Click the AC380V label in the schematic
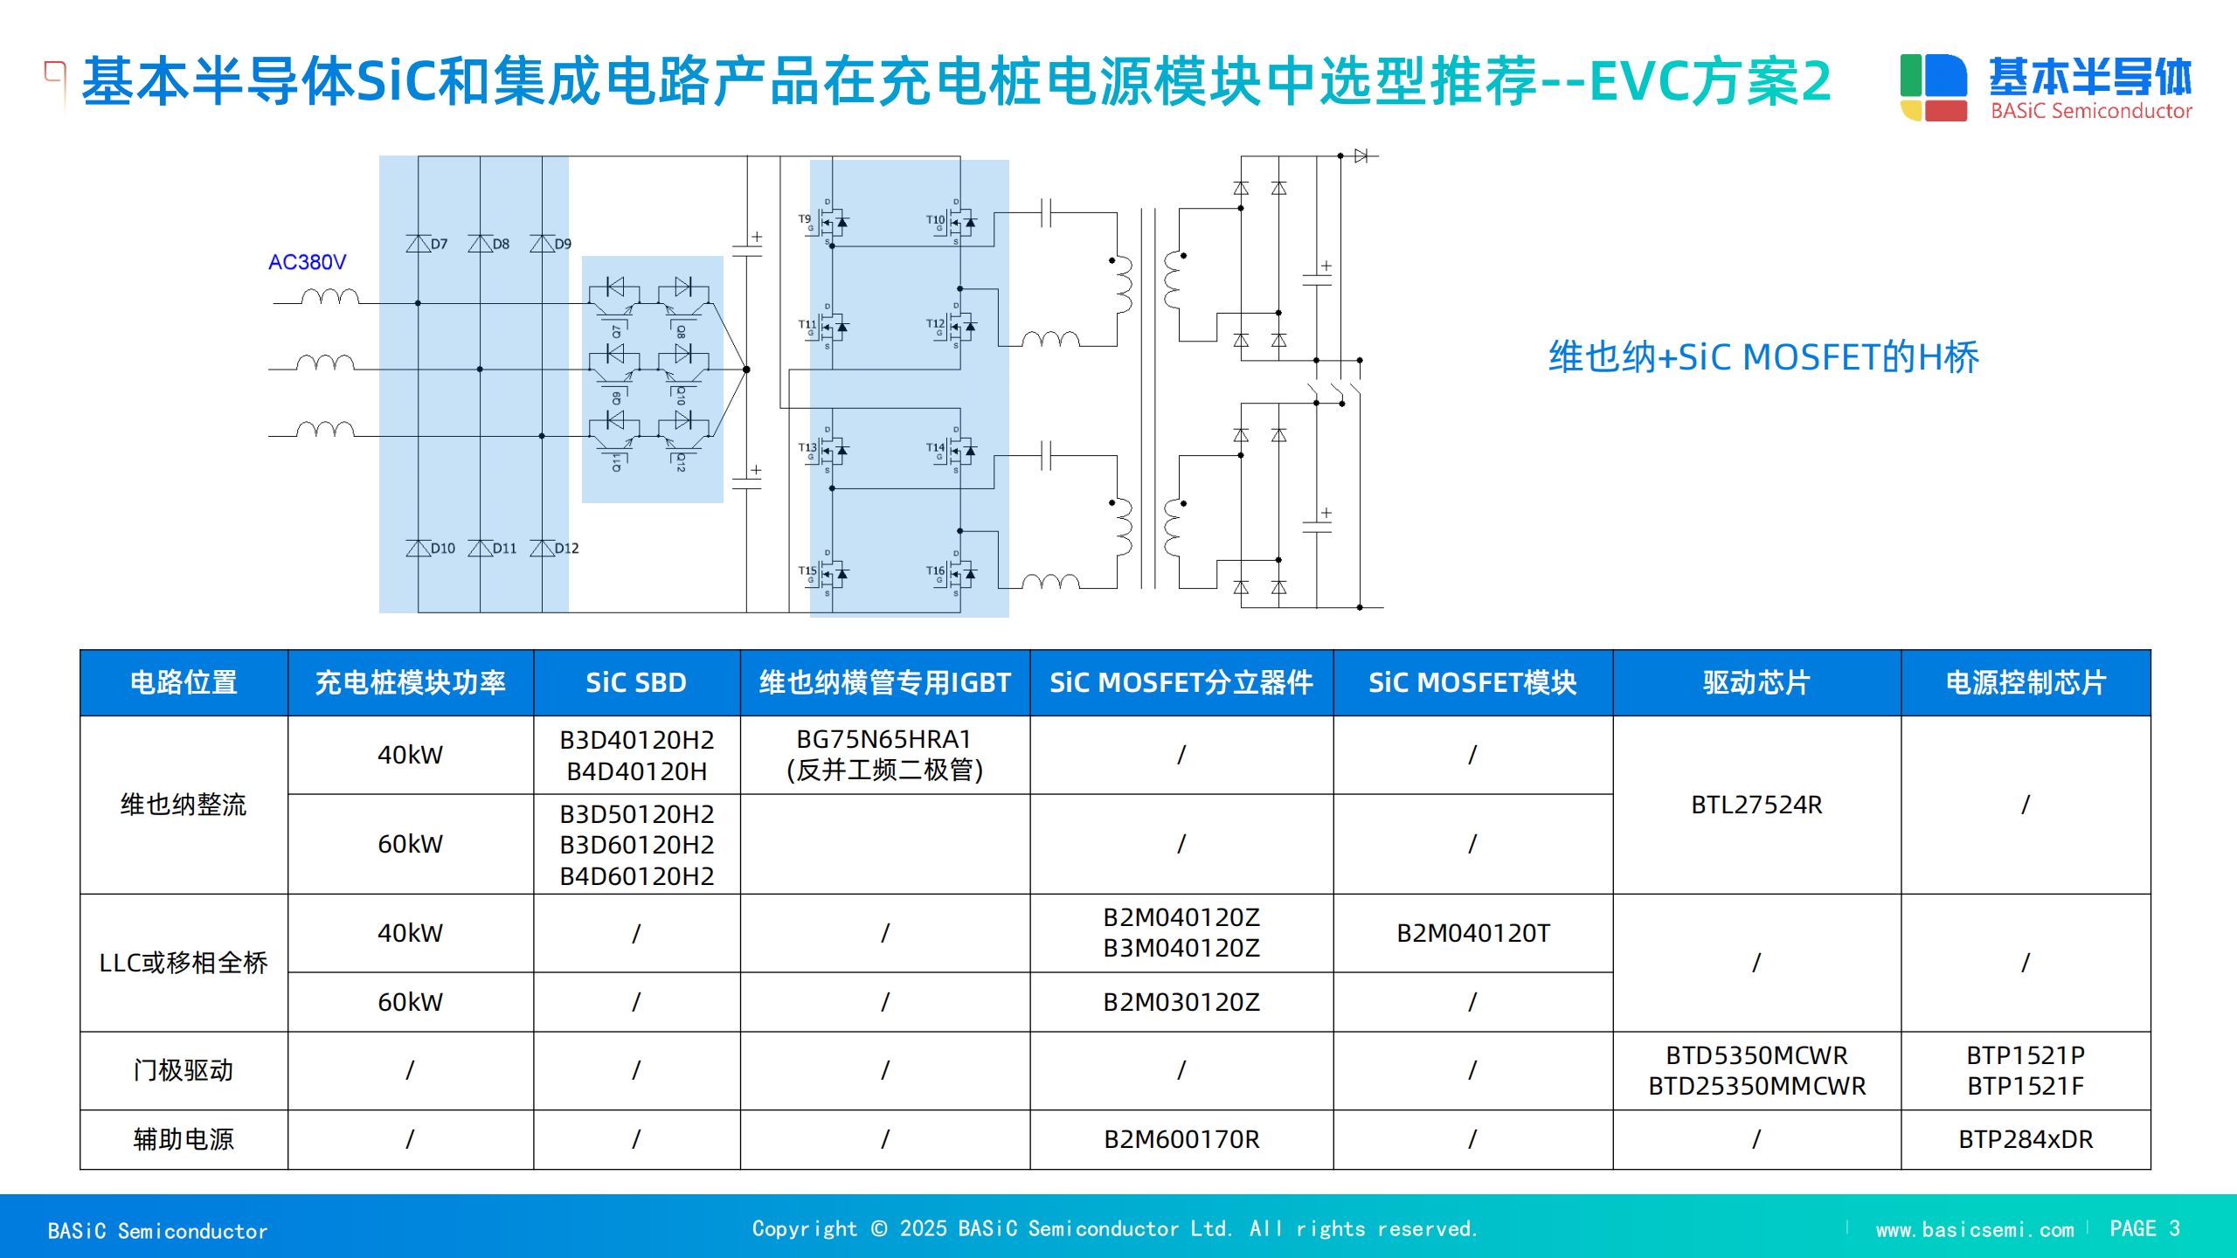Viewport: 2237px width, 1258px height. pos(307,262)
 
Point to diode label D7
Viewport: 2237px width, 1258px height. pos(439,245)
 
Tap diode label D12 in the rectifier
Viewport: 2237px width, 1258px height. pos(566,549)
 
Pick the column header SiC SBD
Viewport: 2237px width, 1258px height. pos(636,682)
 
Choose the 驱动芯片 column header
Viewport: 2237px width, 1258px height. pos(1756,682)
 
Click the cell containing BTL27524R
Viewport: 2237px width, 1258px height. pos(1756,805)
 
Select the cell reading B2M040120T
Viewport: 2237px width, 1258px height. pos(1472,933)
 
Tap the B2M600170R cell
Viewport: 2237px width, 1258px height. pos(1181,1139)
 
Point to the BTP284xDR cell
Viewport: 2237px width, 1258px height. pos(2026,1139)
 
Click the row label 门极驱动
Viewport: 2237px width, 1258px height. pos(184,1070)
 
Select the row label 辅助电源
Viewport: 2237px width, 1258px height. pos(184,1139)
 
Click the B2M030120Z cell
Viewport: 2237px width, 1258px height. pos(1181,1002)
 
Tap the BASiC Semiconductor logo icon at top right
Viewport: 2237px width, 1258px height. pos(1934,87)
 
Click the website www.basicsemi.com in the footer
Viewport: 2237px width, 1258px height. pos(1974,1230)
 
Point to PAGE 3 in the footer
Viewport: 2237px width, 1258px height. pos(2144,1229)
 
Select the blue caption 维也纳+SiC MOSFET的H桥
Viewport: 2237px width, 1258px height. pos(1763,357)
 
